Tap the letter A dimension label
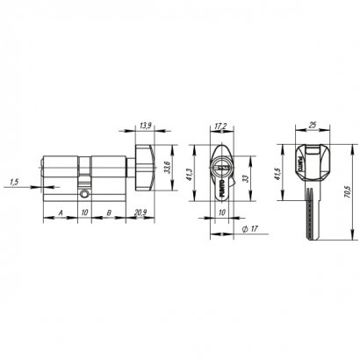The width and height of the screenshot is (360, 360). click(59, 212)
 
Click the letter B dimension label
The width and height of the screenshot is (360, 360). click(106, 212)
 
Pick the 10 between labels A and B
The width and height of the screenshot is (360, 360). click(83, 212)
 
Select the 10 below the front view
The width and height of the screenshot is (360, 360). click(221, 212)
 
